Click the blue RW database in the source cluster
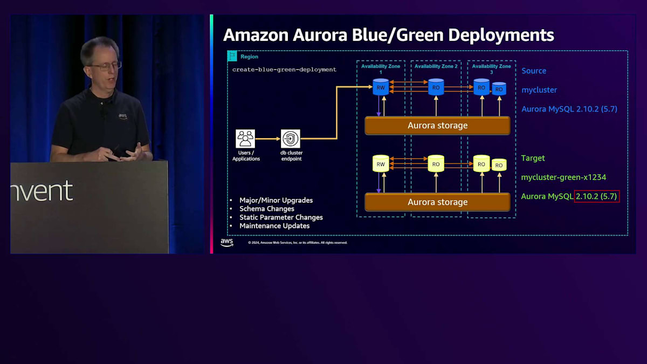tap(381, 87)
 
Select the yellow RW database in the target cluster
tap(381, 164)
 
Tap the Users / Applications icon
tap(245, 139)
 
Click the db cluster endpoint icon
tap(291, 139)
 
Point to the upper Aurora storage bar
tap(437, 126)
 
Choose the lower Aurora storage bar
tap(437, 202)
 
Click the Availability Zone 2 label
tap(436, 66)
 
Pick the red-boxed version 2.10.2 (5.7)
tap(597, 196)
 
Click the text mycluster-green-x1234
tap(560, 177)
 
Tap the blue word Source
tap(534, 71)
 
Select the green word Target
tap(533, 158)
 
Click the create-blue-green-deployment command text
tap(284, 70)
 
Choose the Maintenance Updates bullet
tap(274, 226)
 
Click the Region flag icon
tap(232, 56)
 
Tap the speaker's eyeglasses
tap(106, 66)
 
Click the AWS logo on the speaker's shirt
tap(123, 116)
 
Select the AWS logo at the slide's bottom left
tap(227, 242)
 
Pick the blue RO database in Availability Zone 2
tap(436, 87)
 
